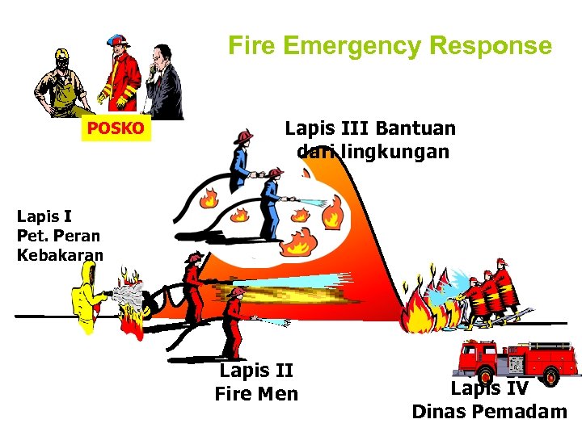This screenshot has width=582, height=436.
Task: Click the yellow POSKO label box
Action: coord(116,128)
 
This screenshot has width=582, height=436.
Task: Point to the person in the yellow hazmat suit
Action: coord(84,298)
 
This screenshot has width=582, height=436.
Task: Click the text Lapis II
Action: coord(255,371)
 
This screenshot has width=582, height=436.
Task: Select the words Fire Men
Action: coord(255,394)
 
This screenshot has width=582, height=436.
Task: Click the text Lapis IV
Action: coord(489,389)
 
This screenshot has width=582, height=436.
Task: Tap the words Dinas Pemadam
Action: coord(489,412)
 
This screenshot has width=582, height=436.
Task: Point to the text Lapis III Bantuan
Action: coord(370,128)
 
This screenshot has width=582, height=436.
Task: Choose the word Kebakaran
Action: coord(60,256)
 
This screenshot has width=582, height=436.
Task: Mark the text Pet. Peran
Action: coord(58,237)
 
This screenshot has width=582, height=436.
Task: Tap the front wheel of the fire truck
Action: coord(551,376)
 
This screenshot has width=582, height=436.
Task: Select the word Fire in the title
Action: coord(251,46)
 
